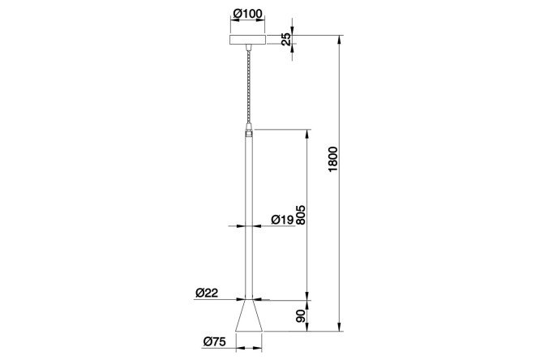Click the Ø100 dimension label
tap(247, 13)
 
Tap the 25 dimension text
tap(286, 39)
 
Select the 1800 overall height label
tap(333, 159)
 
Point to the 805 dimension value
tap(300, 215)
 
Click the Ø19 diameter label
tap(282, 219)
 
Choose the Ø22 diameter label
tap(207, 293)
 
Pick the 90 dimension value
tap(301, 316)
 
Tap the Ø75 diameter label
tap(215, 341)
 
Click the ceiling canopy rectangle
tap(248, 39)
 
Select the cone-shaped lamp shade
tap(249, 315)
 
